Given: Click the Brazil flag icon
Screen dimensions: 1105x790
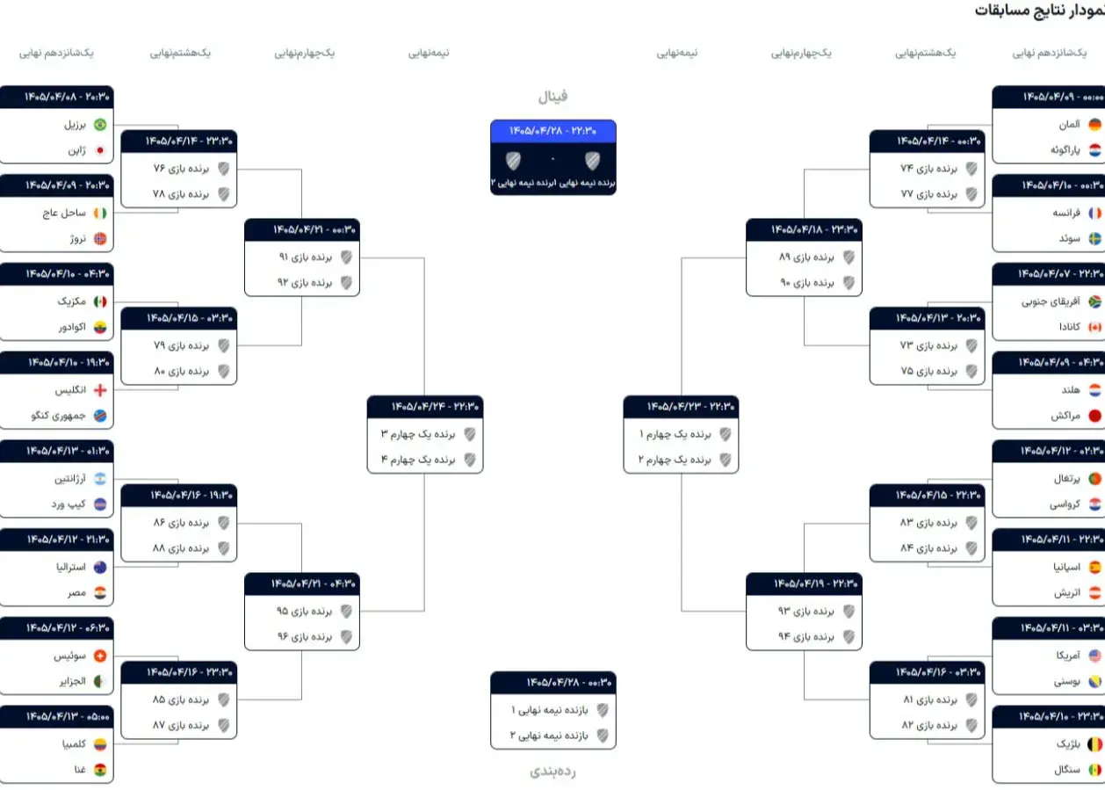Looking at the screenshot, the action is (x=100, y=125).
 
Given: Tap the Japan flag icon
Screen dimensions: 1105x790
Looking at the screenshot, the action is (x=100, y=150).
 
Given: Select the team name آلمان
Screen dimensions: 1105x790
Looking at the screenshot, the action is (x=1069, y=125).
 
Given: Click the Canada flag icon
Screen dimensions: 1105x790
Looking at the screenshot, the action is (x=1094, y=327).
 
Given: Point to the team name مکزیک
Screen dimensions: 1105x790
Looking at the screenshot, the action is (x=71, y=301).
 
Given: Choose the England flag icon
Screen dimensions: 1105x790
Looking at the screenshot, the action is (x=100, y=390).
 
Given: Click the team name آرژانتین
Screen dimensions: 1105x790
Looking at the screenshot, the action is (x=70, y=479).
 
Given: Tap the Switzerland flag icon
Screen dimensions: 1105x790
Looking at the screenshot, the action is (x=100, y=656).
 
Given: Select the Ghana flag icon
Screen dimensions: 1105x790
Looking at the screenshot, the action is (x=100, y=770).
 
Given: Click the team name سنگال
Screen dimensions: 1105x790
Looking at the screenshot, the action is (x=1067, y=770).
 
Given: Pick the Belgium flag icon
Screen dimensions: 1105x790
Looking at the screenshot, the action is (x=1094, y=744).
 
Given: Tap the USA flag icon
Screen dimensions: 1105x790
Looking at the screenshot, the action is (x=1094, y=656).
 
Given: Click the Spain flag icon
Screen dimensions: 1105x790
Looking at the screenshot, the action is (x=1094, y=568).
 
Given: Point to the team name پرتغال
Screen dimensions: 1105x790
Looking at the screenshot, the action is (x=1067, y=479).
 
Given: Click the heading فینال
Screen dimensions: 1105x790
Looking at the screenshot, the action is (x=552, y=96).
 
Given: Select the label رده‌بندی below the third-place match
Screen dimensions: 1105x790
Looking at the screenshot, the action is (x=552, y=772).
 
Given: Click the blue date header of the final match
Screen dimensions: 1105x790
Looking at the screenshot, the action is (x=553, y=131).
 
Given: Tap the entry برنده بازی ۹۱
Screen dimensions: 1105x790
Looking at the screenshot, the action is (x=306, y=257).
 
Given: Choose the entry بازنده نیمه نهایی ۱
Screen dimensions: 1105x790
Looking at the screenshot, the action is (x=550, y=710).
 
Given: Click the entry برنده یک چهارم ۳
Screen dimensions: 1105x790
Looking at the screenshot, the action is (x=418, y=434).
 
